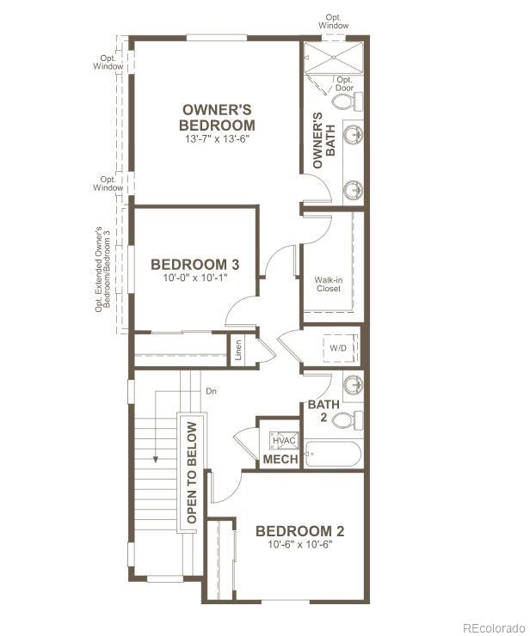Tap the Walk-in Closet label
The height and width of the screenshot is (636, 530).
[328, 284]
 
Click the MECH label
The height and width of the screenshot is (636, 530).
[280, 460]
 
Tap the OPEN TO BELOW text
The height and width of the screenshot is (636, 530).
[191, 472]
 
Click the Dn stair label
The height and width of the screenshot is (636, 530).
[211, 391]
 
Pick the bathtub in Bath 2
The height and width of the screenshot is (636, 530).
[334, 452]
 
